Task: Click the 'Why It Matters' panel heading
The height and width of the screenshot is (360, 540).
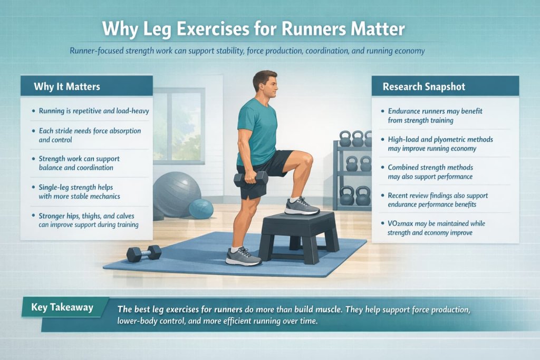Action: (x=67, y=86)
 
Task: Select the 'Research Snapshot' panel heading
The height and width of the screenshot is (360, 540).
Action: (x=424, y=86)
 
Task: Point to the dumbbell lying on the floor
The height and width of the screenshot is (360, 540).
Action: (x=143, y=253)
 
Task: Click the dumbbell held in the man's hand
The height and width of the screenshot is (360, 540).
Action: (x=251, y=179)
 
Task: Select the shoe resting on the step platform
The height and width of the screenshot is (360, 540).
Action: (x=302, y=206)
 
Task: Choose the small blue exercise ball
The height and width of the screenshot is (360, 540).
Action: (x=201, y=209)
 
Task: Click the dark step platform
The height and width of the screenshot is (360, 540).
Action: (x=298, y=235)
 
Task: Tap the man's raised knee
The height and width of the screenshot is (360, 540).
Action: (x=304, y=160)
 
